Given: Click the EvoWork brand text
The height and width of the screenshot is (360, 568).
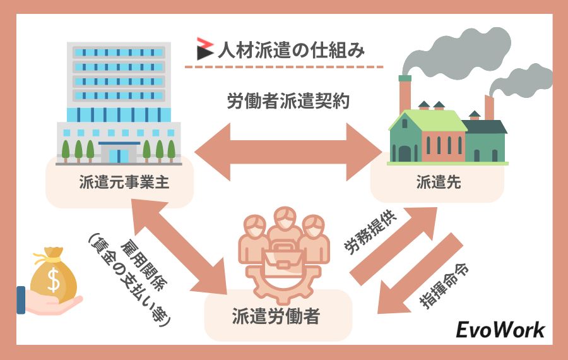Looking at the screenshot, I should [x=500, y=330].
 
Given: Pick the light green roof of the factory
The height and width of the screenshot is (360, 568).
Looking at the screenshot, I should [x=429, y=120].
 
